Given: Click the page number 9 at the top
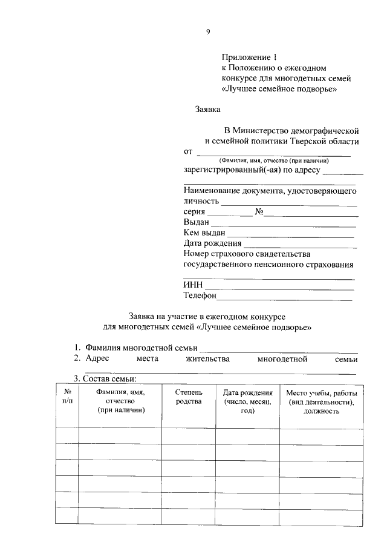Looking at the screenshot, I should coord(207,32).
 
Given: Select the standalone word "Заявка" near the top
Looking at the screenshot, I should coord(208,110).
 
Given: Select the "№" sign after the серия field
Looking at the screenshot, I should coord(259,212).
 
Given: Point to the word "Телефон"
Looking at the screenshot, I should coord(200,295).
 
